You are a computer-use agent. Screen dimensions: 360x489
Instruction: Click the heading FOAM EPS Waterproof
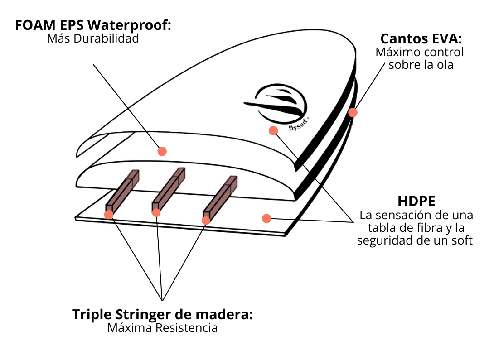(x=93, y=24)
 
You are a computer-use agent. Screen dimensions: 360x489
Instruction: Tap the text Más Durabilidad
(x=93, y=38)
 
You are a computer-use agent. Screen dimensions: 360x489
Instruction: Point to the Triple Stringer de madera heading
(x=162, y=314)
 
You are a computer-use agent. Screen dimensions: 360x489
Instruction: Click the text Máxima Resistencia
(x=162, y=328)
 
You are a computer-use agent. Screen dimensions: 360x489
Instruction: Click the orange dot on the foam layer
(x=162, y=151)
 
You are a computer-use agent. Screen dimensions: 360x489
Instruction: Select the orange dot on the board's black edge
(x=353, y=113)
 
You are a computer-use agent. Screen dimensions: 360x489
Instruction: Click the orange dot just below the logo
(x=273, y=131)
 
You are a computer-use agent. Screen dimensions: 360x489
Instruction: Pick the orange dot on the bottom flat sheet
(x=266, y=219)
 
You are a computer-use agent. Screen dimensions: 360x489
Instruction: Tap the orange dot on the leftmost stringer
(x=109, y=215)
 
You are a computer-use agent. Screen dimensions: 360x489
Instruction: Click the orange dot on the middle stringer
(x=156, y=213)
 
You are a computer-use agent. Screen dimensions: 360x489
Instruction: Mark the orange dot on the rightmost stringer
(x=206, y=220)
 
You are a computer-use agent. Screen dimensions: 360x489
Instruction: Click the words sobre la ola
(x=421, y=65)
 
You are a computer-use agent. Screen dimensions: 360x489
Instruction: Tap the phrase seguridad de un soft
(x=415, y=240)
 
